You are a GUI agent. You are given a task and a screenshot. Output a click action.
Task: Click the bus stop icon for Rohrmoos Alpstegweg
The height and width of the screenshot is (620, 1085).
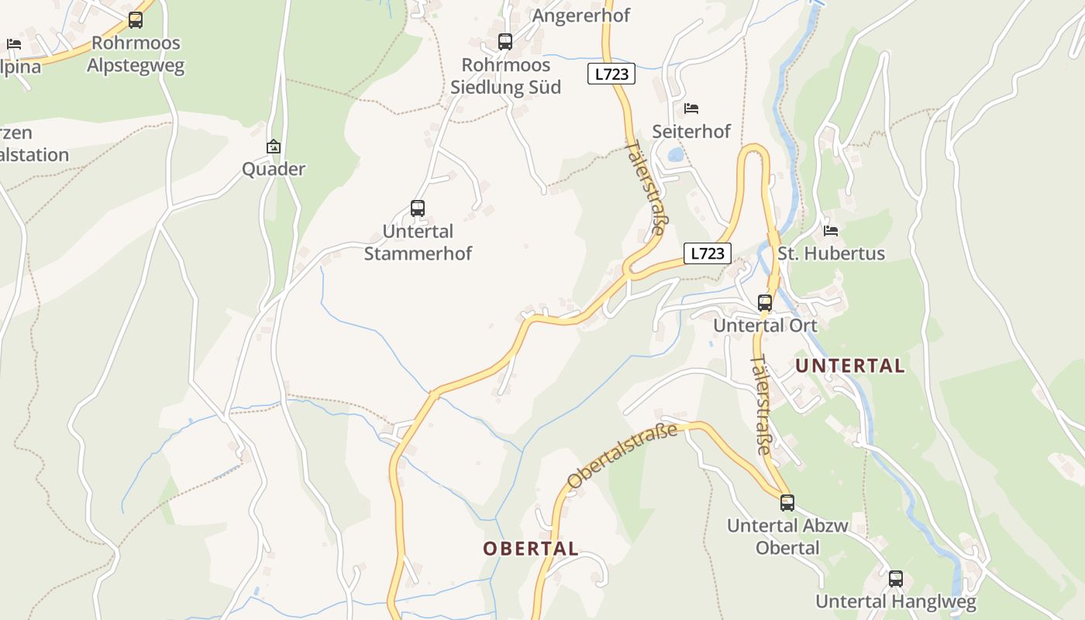(136, 20)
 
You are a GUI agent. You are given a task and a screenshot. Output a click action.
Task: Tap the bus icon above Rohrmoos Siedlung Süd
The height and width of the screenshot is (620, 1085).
(505, 42)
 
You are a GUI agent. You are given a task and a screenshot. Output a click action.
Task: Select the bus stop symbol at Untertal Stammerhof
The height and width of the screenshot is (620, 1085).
(418, 208)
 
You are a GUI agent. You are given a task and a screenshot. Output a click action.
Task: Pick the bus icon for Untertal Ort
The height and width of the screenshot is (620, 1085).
(765, 303)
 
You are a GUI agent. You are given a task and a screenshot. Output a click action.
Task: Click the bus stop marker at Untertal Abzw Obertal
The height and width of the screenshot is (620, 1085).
(787, 503)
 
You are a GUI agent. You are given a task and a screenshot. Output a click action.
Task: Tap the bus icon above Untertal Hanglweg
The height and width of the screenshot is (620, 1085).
(896, 578)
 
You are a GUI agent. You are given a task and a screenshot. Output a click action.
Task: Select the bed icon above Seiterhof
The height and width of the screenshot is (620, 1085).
(691, 108)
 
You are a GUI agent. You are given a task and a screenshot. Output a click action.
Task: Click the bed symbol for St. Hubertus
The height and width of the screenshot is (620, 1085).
(831, 230)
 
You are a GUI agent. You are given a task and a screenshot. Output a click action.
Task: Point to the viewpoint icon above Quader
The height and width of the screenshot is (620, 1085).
(274, 146)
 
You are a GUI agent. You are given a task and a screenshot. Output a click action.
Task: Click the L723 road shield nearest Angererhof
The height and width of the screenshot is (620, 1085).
(611, 74)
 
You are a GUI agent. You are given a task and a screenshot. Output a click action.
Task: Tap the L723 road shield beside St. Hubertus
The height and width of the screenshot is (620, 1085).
(708, 253)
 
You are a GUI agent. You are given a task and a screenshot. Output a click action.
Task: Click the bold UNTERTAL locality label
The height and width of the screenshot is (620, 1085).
(850, 366)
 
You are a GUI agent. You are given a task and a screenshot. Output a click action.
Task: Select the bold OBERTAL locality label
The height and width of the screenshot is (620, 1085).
(531, 549)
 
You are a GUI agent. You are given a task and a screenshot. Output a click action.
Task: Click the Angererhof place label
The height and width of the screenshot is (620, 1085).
(581, 15)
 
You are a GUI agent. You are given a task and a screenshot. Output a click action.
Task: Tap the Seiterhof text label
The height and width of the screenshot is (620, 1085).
(691, 131)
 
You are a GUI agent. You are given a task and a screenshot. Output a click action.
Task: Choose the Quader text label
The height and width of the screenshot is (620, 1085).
(274, 169)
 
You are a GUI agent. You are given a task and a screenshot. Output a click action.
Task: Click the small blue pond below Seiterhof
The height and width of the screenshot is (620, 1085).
(676, 155)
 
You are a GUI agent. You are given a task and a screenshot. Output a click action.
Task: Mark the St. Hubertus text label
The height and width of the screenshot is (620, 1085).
(831, 253)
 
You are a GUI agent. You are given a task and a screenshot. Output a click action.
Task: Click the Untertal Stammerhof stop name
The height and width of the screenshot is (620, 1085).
(418, 243)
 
